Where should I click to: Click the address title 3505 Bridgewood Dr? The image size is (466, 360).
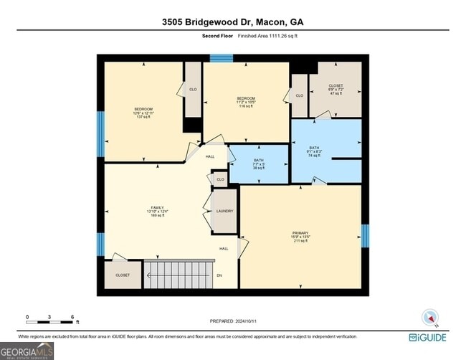point(233,21)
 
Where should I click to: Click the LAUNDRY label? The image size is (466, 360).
point(225,211)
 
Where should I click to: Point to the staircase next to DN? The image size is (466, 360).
point(179,273)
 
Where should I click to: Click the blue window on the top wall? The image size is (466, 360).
point(221,57)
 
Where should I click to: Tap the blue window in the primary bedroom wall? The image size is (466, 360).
point(365,235)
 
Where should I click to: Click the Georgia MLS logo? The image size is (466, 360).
point(27,350)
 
